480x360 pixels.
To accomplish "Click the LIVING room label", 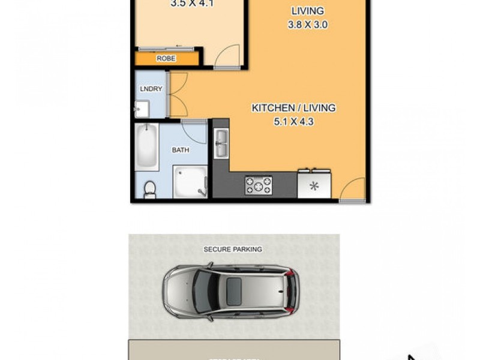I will (x=307, y=11).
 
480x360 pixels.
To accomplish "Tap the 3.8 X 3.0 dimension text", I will (x=307, y=25).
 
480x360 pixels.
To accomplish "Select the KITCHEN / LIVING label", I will (x=293, y=108).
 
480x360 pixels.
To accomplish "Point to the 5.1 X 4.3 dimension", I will (x=293, y=121).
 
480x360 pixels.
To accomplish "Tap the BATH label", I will (x=181, y=150).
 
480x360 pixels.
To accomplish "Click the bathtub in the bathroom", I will (x=147, y=147).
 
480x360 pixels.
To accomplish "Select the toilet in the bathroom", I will (x=149, y=189).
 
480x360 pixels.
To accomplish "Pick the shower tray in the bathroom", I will (x=190, y=182).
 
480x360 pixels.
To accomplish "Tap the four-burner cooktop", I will (x=258, y=185).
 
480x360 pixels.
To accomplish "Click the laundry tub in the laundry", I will (x=143, y=110).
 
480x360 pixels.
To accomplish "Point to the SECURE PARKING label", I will (x=233, y=249).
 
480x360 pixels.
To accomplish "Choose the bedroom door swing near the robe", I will (x=226, y=58).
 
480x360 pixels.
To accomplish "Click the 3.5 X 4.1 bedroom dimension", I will (x=193, y=3).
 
